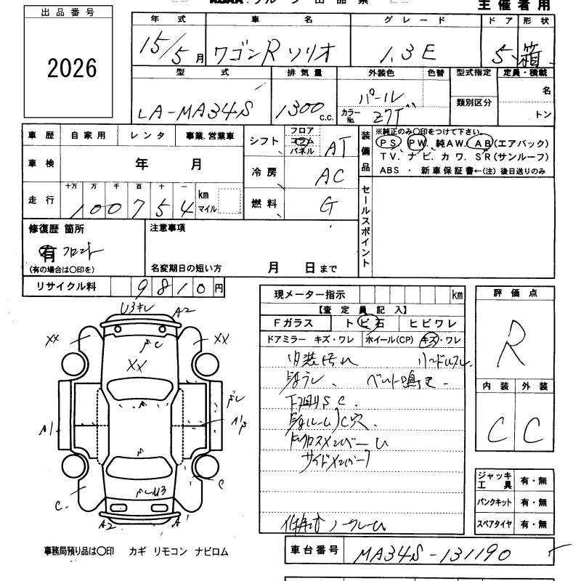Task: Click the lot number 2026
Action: click(x=72, y=68)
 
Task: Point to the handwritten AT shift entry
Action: click(x=333, y=148)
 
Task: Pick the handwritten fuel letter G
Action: click(x=330, y=206)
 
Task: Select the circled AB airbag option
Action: click(x=484, y=143)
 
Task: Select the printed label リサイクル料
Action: click(x=66, y=288)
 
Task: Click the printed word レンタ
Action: click(x=147, y=136)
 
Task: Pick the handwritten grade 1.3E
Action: click(x=411, y=51)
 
